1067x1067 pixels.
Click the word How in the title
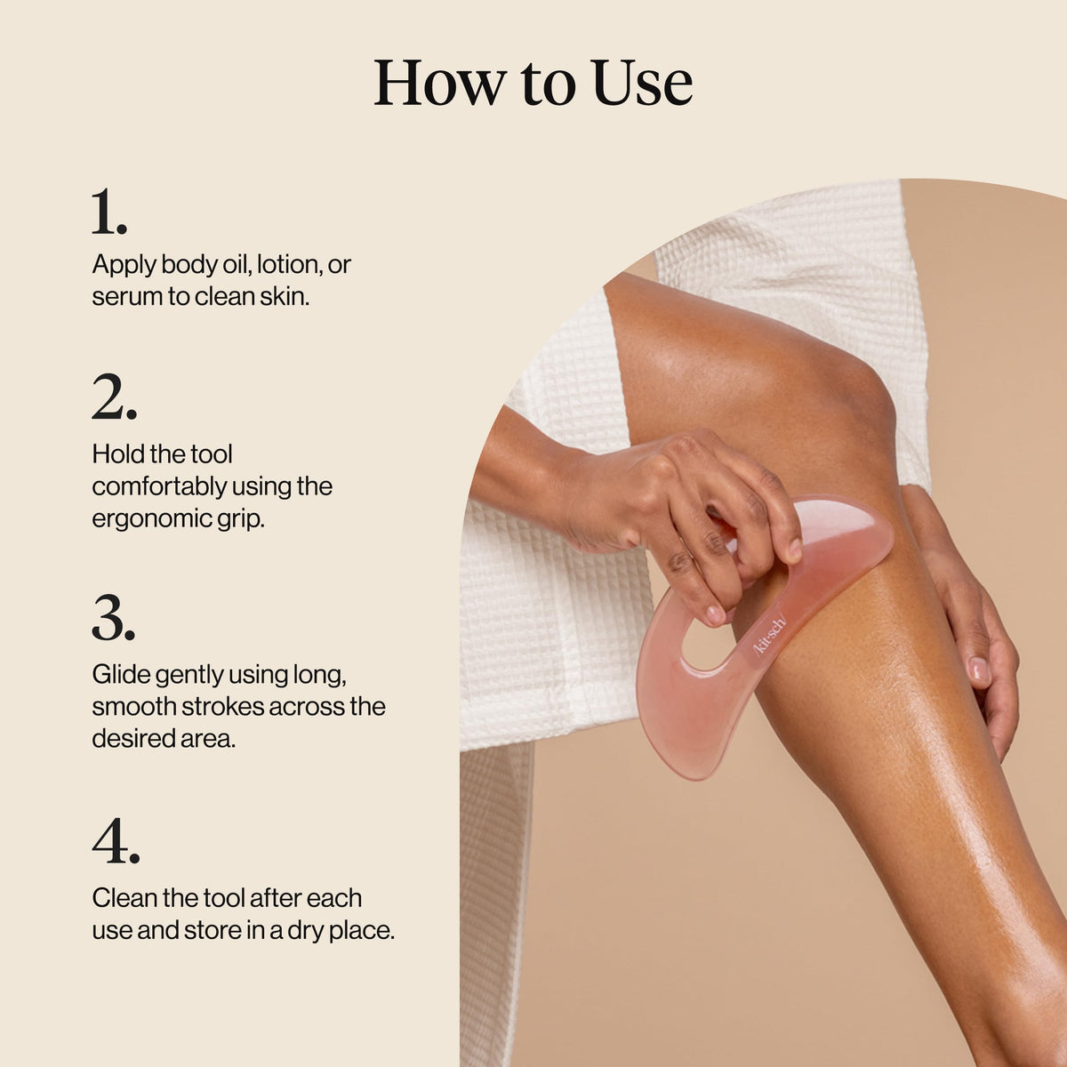point(439,83)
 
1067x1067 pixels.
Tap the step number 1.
point(109,212)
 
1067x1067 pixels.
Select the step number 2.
point(114,397)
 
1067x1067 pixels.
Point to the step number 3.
point(114,618)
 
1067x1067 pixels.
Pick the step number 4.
point(116,840)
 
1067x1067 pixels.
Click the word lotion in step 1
point(290,265)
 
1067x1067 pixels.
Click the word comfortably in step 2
point(159,486)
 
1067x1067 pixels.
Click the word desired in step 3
point(132,739)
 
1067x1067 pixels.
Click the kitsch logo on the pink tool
point(770,635)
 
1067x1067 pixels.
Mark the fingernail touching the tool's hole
point(715,614)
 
